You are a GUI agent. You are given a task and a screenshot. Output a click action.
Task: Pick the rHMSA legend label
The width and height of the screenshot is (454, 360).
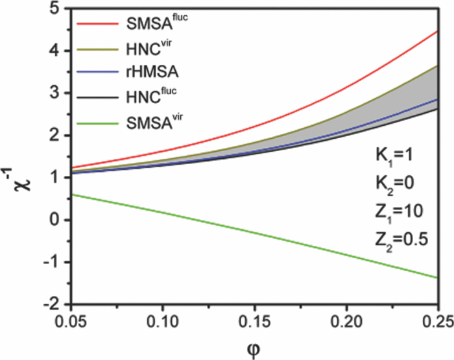[147, 73]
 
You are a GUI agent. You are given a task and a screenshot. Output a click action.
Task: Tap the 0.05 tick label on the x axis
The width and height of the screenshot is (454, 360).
[70, 321]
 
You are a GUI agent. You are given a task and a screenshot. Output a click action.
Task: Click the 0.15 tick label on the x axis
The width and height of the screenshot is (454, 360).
[254, 321]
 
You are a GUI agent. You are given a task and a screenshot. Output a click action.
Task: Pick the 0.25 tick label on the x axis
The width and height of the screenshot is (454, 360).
[437, 321]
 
